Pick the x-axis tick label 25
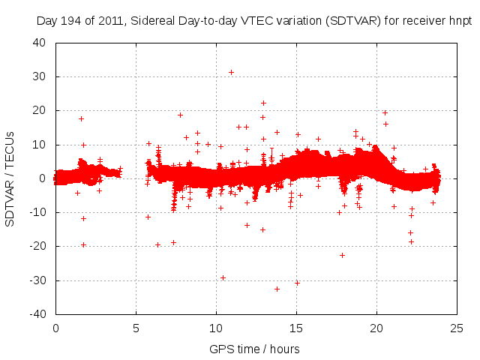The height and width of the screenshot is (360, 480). click(x=456, y=328)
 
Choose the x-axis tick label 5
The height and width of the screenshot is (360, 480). click(x=136, y=328)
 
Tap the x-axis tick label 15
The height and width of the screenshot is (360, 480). click(x=295, y=328)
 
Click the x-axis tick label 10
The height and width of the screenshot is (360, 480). click(x=216, y=328)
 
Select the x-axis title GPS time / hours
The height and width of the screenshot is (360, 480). click(x=255, y=349)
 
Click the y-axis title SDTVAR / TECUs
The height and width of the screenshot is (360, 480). click(x=10, y=178)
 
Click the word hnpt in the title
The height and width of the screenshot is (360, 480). click(x=457, y=21)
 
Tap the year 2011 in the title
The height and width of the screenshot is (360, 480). click(x=114, y=21)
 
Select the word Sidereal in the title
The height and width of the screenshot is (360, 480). click(x=154, y=21)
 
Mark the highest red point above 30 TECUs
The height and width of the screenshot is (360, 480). click(x=231, y=72)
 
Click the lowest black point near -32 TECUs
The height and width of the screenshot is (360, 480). click(x=277, y=289)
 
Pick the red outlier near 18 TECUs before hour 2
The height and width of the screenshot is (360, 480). click(x=81, y=118)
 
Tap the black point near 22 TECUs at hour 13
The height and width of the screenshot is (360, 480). click(x=263, y=103)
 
